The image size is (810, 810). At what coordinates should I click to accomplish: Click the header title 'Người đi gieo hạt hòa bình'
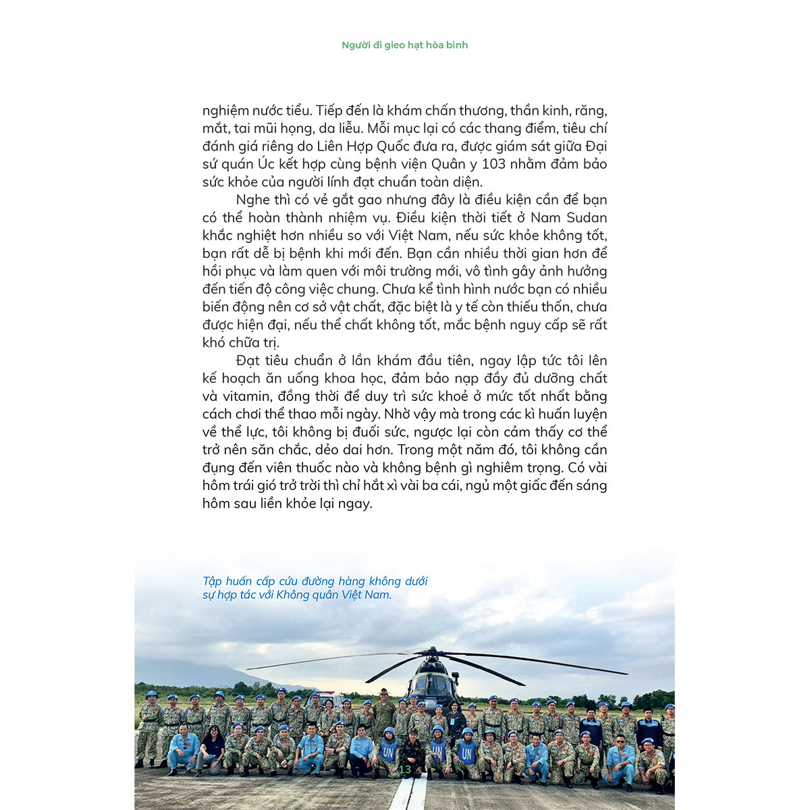404,45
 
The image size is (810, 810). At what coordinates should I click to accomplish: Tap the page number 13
405,769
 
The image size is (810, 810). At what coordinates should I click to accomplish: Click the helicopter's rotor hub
431,653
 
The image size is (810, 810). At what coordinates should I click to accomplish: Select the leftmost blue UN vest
388,750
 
